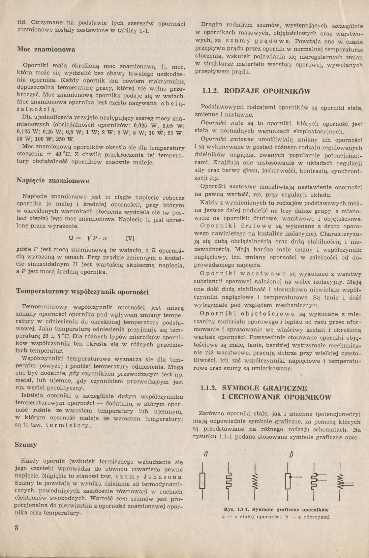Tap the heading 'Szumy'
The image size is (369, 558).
(x=26, y=445)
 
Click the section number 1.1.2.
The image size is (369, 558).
(x=210, y=91)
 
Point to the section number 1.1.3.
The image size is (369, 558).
(x=210, y=388)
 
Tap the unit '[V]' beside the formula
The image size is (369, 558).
(x=131, y=238)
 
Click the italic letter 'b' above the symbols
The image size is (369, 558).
(x=291, y=454)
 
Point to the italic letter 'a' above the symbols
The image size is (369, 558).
(x=206, y=454)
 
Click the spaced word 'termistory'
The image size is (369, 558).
(x=68, y=425)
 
